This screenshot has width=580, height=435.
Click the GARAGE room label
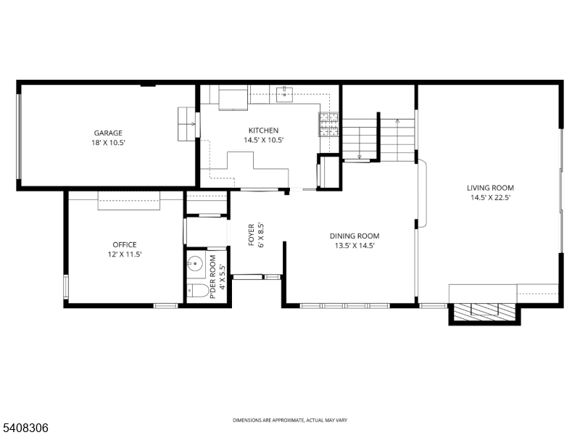[x=108, y=133]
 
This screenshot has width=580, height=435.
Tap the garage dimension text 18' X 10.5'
[x=108, y=143]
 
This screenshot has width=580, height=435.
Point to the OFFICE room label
[x=124, y=244]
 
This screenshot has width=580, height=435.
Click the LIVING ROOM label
[x=489, y=188]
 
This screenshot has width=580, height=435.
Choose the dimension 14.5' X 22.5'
[x=489, y=198]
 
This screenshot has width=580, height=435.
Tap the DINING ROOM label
[x=354, y=236]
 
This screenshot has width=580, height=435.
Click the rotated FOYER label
[x=252, y=236]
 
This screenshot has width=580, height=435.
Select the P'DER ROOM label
[x=212, y=277]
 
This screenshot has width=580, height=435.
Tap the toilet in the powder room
[x=194, y=291]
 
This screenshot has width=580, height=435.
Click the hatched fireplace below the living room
[x=483, y=312]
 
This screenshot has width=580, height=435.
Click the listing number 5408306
[x=25, y=428]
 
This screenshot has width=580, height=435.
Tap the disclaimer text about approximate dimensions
[x=290, y=420]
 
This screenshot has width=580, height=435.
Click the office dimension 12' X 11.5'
[x=124, y=254]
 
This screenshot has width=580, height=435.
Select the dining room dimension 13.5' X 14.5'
[x=354, y=246]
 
